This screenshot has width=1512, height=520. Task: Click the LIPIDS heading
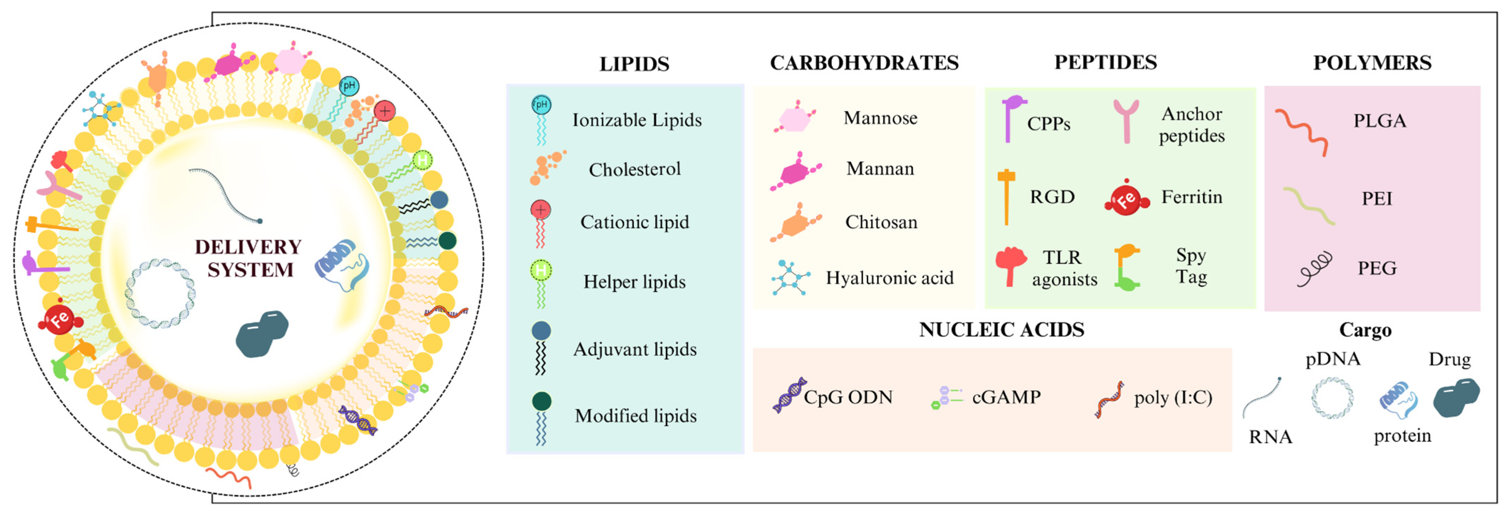(634, 64)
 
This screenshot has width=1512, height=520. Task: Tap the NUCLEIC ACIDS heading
(1001, 329)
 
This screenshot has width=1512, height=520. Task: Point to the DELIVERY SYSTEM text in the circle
(249, 258)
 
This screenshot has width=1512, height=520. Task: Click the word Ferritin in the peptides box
(1192, 197)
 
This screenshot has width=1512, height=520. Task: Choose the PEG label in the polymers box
(1376, 268)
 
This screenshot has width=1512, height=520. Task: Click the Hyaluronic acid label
(889, 278)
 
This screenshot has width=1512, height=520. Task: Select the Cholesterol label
(635, 169)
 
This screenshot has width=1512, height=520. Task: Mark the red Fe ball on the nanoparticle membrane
(59, 319)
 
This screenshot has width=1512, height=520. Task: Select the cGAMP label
(1006, 397)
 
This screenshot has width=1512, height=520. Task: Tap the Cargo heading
(1365, 330)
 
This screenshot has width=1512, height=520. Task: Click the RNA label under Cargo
(1270, 437)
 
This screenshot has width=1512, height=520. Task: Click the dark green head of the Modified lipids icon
(541, 401)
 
